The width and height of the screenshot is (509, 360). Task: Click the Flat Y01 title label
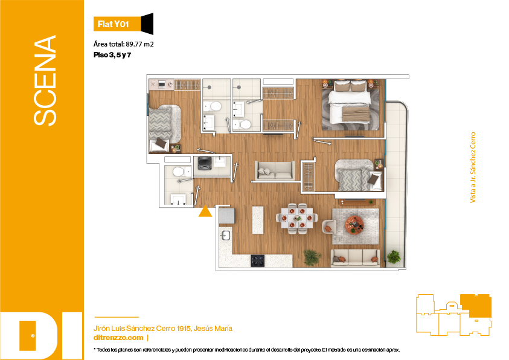(x=114, y=24)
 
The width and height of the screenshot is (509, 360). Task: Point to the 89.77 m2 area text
(x=139, y=44)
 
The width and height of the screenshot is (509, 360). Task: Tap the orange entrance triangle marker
(x=205, y=211)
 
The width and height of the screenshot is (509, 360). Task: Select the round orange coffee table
(x=354, y=224)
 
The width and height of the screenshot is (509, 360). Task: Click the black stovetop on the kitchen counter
(x=257, y=261)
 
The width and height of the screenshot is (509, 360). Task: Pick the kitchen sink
(x=225, y=235)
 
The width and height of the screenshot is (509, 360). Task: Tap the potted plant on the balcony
(x=394, y=257)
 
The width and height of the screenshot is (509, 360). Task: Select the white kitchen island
(x=258, y=220)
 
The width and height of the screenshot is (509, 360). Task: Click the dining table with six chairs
(x=297, y=219)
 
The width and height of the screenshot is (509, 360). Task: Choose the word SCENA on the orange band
(x=45, y=80)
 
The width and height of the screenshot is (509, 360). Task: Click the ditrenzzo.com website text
(x=118, y=338)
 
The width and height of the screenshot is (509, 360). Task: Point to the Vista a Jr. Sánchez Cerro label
(x=473, y=167)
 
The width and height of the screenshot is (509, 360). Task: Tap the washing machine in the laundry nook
(x=205, y=163)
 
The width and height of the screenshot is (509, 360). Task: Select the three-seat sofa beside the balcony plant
(x=355, y=258)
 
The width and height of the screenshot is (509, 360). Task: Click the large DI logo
(x=41, y=336)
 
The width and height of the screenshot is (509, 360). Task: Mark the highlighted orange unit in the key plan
(x=476, y=305)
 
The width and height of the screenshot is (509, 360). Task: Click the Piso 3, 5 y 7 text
(x=112, y=55)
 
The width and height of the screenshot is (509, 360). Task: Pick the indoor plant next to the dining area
(x=312, y=257)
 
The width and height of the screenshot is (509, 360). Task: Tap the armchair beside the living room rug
(x=328, y=227)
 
